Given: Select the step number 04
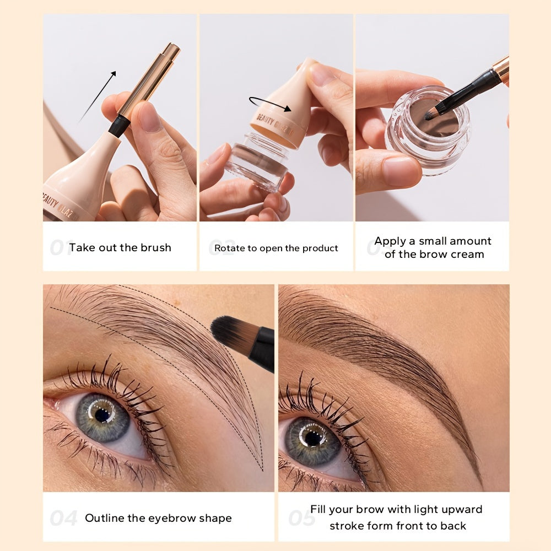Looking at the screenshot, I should click(63, 518).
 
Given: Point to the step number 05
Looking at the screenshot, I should click(300, 518).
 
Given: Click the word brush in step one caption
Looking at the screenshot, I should click(156, 248).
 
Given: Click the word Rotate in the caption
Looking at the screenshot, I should click(229, 249).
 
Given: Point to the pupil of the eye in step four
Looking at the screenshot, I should click(101, 415).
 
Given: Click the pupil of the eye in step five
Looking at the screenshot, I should click(312, 437).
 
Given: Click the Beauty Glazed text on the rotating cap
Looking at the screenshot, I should click(281, 125).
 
